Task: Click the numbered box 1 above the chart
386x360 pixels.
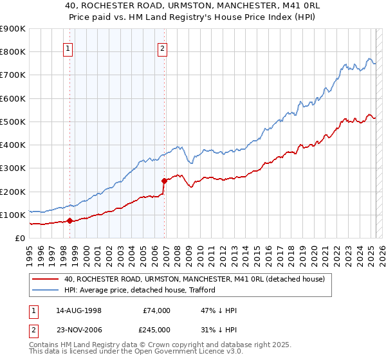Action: (68, 48)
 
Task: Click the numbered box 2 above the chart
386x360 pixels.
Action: (163, 48)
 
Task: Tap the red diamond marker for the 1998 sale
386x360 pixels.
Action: (69, 221)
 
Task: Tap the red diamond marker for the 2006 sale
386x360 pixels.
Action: (164, 181)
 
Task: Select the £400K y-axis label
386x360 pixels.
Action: (13, 145)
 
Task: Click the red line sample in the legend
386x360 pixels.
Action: (46, 279)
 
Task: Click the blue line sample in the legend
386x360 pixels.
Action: (46, 290)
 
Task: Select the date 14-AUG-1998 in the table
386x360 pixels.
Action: (78, 310)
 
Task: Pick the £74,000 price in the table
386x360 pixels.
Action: (156, 310)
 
